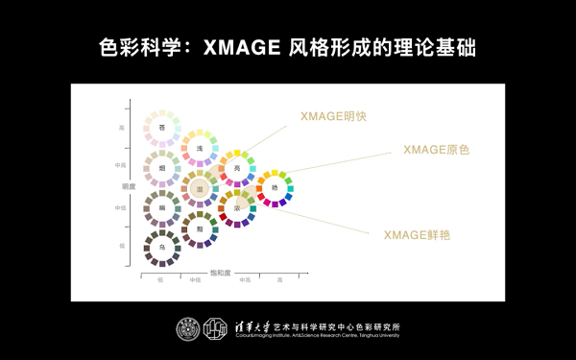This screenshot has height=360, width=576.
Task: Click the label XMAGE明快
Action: [333, 116]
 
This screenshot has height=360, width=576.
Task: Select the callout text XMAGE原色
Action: [436, 150]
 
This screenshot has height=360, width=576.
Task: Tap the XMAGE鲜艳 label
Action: [417, 234]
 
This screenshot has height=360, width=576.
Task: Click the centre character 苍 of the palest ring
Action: [162, 128]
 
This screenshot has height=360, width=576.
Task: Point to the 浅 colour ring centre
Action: [200, 148]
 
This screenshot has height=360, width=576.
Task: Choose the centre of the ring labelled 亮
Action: [236, 168]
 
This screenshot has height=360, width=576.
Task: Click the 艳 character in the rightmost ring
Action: [275, 188]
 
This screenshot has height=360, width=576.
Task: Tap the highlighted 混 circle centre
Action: [200, 189]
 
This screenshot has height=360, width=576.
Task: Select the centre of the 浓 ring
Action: [236, 208]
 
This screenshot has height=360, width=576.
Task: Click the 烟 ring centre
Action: [162, 168]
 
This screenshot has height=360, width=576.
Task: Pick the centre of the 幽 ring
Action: [162, 207]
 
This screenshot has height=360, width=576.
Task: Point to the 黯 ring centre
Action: [200, 229]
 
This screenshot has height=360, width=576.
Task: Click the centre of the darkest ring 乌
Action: [162, 248]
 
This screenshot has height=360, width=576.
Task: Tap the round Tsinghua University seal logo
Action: [188, 329]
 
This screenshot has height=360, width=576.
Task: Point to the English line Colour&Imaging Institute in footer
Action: [317, 336]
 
